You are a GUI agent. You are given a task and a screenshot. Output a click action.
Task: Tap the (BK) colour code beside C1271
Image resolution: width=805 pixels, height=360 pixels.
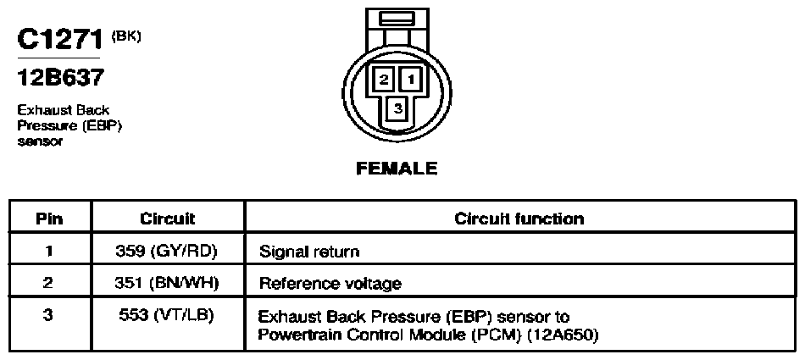coord(125,36)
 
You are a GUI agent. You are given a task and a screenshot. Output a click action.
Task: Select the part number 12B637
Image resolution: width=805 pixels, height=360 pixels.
coord(61,78)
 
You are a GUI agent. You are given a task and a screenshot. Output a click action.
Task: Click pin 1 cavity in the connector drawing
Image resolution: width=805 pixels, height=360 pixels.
coord(411,80)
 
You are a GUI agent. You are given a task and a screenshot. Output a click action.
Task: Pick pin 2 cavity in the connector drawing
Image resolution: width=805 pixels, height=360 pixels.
coord(385,80)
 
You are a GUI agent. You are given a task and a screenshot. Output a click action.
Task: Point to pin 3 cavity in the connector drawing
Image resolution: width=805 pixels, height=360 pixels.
coord(398,108)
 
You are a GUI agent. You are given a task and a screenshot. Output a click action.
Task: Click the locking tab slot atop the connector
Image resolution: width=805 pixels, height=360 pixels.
coord(397,19)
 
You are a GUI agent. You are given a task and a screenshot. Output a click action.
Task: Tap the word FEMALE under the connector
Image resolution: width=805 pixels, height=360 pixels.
coord(397,169)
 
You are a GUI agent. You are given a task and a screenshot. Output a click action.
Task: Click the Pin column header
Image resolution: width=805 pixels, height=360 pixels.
coord(50,219)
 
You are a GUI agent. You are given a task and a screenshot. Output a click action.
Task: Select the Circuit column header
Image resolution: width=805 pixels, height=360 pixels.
coord(168,219)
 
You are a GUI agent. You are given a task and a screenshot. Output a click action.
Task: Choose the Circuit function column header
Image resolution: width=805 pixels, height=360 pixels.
coord(519,219)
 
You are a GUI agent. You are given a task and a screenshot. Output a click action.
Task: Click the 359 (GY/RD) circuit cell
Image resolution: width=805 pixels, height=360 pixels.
coord(166,251)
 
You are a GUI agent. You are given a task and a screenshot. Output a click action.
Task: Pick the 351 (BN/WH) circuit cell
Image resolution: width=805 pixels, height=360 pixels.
coord(167,283)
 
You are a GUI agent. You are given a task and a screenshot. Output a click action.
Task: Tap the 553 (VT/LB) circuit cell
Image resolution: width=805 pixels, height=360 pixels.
coord(166,315)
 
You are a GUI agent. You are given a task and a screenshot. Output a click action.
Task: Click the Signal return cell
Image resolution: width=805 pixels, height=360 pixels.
coord(309,252)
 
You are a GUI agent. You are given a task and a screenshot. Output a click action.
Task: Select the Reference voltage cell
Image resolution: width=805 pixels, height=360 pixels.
coord(330,284)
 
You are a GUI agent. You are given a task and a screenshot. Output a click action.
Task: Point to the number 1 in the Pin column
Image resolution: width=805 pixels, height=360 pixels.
coord(48,251)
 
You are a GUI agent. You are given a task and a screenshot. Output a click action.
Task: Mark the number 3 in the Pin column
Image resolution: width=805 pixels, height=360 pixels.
coord(48,315)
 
